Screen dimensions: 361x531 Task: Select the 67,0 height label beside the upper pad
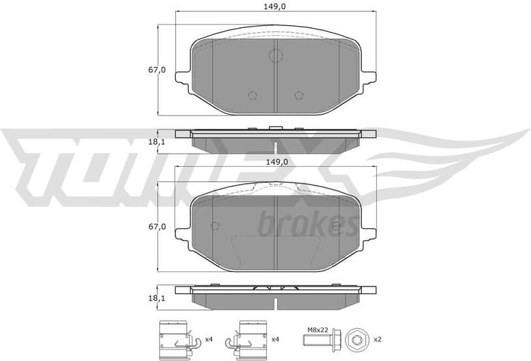pyautogui.click(x=157, y=70)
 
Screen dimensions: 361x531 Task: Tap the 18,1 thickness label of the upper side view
pyautogui.click(x=157, y=142)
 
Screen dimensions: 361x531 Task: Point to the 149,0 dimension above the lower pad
pyautogui.click(x=275, y=162)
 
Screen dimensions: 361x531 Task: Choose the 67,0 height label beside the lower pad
pyautogui.click(x=157, y=226)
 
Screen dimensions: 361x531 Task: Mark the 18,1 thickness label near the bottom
pyautogui.click(x=157, y=299)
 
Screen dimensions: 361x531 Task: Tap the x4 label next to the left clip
pyautogui.click(x=209, y=339)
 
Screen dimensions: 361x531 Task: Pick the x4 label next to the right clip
pyautogui.click(x=276, y=339)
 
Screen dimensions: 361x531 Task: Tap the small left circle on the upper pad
pyautogui.click(x=252, y=95)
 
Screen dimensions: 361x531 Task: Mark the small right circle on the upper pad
pyautogui.click(x=298, y=95)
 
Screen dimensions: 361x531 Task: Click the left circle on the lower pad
pyautogui.click(x=214, y=226)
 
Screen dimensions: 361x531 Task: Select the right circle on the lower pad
pyautogui.click(x=336, y=226)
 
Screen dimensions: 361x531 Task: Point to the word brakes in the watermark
pyautogui.click(x=308, y=224)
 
